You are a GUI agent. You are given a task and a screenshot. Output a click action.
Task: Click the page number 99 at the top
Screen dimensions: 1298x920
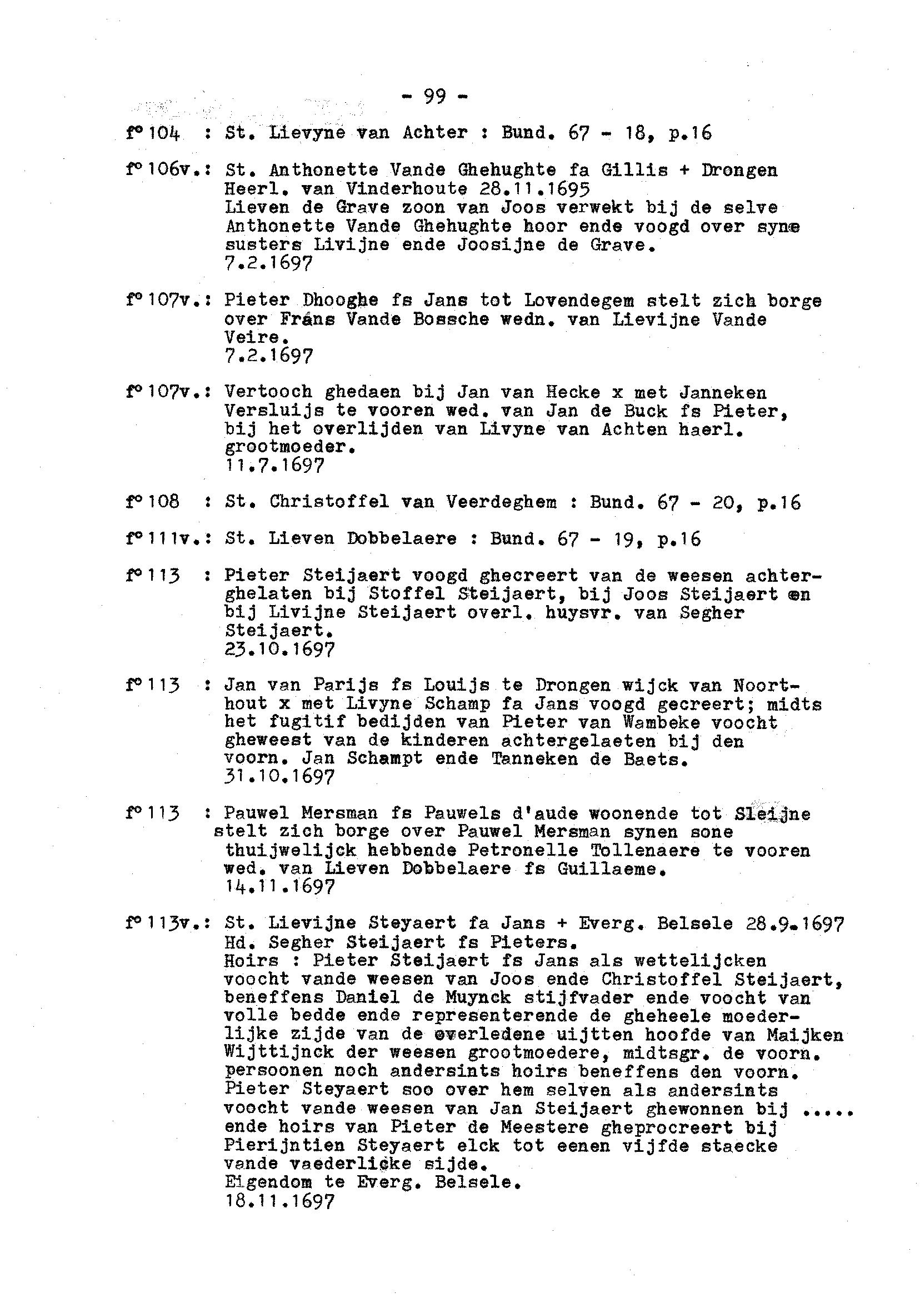(434, 97)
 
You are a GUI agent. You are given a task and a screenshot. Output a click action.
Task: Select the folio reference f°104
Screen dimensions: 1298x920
(153, 134)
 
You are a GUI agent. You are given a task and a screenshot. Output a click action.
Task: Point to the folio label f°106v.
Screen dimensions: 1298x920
(164, 171)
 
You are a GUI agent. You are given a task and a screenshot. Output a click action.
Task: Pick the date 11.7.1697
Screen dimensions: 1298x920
(275, 466)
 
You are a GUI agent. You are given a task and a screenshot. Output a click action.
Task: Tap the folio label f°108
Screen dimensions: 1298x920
(153, 502)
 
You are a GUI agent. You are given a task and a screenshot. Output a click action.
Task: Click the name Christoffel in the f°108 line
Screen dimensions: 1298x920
(329, 502)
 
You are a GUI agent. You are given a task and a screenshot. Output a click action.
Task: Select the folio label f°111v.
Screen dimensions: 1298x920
(164, 538)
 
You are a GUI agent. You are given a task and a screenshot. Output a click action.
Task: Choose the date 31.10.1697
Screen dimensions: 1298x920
(280, 777)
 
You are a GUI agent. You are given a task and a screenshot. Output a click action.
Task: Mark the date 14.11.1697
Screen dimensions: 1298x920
(280, 887)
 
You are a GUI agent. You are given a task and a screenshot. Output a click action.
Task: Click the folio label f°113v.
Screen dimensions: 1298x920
(164, 924)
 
